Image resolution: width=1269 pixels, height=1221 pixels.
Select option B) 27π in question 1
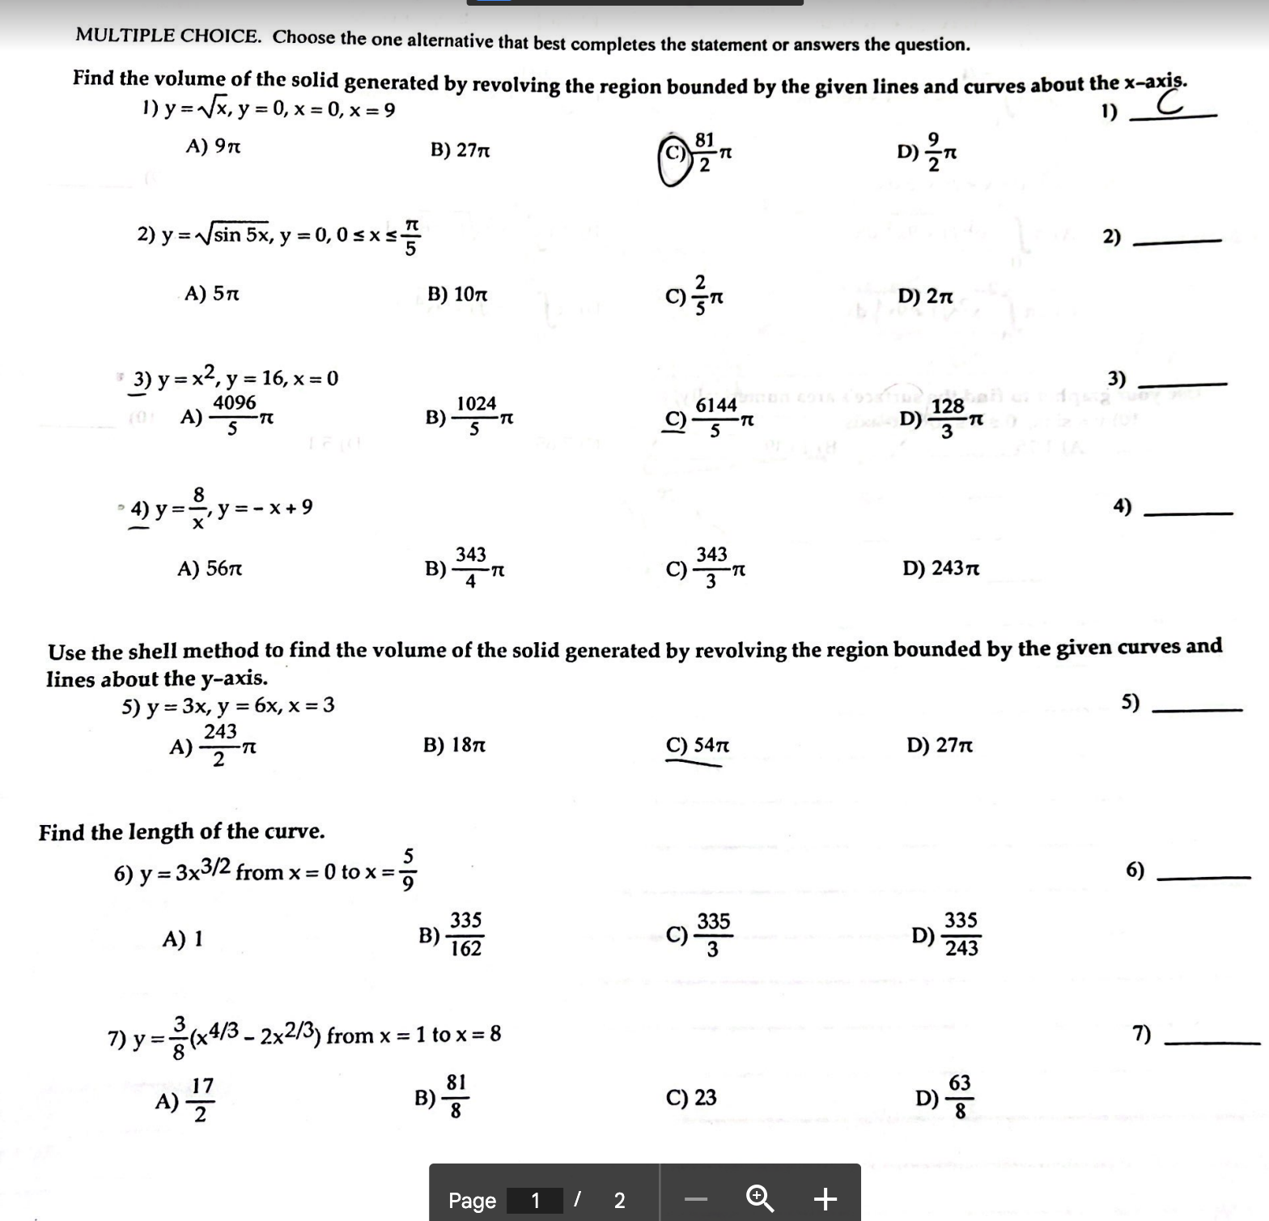pos(460,151)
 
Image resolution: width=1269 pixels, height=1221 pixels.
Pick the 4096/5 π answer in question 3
pos(227,416)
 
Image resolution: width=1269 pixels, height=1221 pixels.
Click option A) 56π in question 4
pos(210,568)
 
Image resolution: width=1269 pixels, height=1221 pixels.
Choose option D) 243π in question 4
pos(940,568)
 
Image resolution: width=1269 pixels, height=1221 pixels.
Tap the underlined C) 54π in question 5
pos(697,745)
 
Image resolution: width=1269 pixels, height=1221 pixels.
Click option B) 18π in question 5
pos(454,744)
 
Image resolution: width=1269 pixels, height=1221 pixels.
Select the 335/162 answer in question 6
pos(451,934)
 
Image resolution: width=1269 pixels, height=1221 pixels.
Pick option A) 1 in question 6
pos(182,938)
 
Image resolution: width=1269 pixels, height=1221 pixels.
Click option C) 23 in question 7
pos(690,1097)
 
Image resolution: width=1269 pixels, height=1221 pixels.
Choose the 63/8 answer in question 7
pos(944,1096)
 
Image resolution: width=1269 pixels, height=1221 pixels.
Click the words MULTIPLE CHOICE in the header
pos(168,36)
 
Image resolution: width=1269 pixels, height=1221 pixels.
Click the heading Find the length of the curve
pos(181,832)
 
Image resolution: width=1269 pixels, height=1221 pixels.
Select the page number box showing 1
pos(534,1200)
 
